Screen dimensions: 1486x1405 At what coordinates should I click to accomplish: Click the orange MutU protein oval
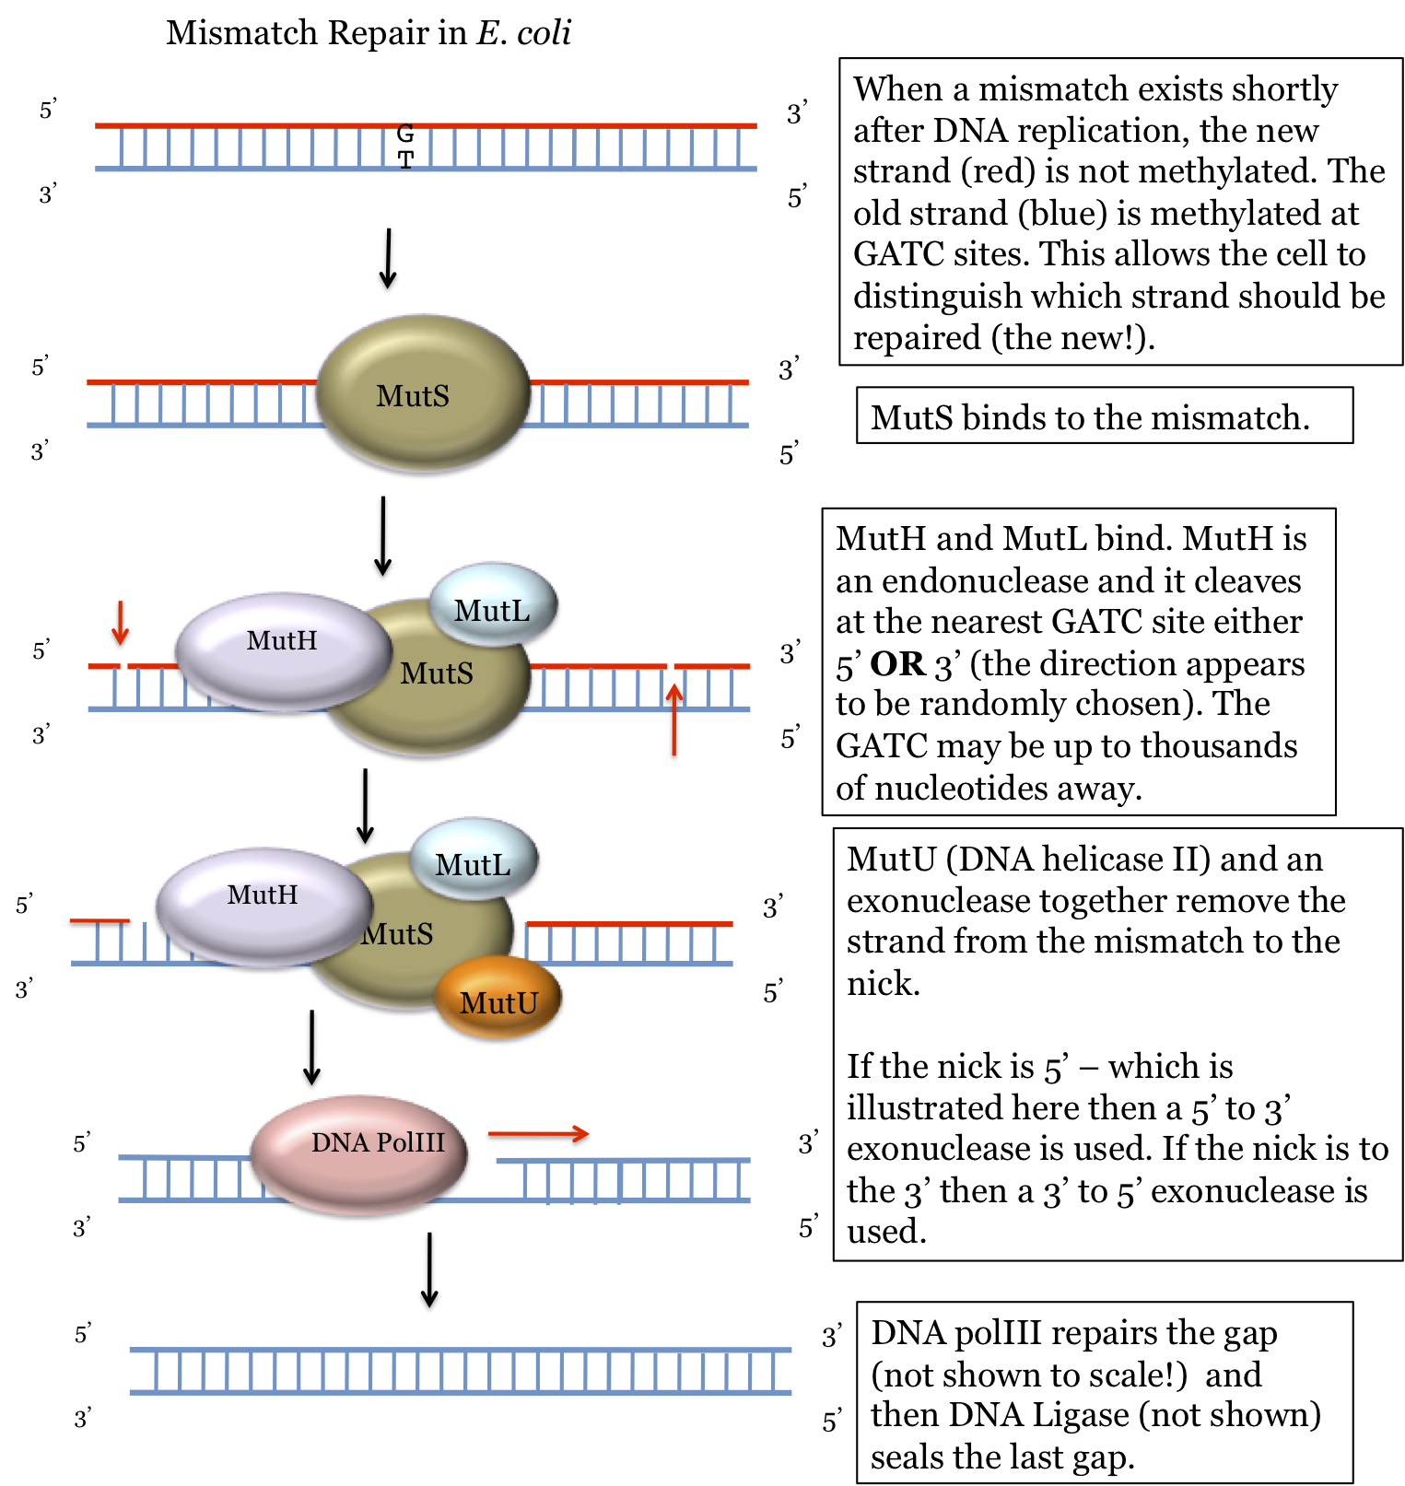pyautogui.click(x=498, y=1000)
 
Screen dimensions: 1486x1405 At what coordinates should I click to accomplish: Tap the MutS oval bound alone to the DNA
pyautogui.click(x=423, y=394)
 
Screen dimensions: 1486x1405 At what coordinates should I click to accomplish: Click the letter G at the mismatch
pyautogui.click(x=405, y=134)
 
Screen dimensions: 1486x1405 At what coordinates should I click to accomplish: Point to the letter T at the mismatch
pyautogui.click(x=405, y=159)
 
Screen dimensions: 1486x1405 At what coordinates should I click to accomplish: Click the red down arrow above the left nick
pyautogui.click(x=120, y=623)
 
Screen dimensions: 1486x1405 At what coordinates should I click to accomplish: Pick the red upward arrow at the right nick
pyautogui.click(x=674, y=719)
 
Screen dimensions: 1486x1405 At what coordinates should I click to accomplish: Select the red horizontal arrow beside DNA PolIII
pyautogui.click(x=538, y=1134)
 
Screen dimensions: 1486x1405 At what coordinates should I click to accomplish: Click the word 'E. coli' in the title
pyautogui.click(x=523, y=33)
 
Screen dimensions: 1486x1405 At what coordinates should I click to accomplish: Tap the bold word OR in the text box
pyautogui.click(x=897, y=664)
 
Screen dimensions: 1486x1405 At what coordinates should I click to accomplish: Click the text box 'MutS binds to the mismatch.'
pyautogui.click(x=1104, y=416)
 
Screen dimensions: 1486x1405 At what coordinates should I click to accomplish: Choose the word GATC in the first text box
pyautogui.click(x=898, y=254)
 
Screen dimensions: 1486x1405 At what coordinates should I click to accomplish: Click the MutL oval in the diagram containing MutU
pyautogui.click(x=473, y=860)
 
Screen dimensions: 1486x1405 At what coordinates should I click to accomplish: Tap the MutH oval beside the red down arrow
pyautogui.click(x=283, y=649)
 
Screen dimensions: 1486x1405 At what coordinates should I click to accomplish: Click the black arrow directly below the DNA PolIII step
pyautogui.click(x=429, y=1270)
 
